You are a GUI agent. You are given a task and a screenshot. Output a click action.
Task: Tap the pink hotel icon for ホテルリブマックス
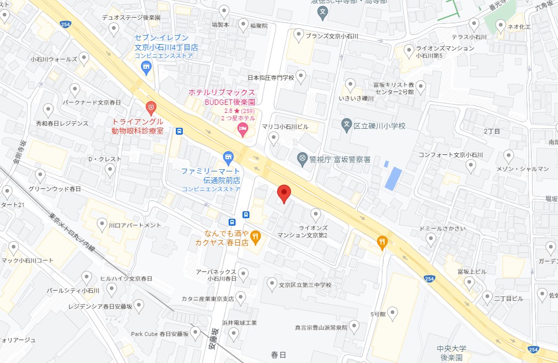click(x=242, y=128)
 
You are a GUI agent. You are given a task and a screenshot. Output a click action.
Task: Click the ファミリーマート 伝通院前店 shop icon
click(x=229, y=156)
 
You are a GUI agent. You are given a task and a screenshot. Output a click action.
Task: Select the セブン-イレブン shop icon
click(x=146, y=67)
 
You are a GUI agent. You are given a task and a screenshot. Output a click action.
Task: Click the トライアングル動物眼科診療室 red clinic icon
click(x=151, y=108)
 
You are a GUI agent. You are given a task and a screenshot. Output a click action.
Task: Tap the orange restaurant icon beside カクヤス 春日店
click(x=256, y=236)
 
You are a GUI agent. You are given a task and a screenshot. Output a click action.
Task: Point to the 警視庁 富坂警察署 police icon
click(x=303, y=158)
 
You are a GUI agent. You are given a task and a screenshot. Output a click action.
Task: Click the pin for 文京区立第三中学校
click(x=272, y=283)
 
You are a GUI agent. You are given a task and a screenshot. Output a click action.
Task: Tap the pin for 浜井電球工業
click(x=233, y=334)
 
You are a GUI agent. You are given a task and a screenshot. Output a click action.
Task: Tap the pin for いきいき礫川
click(x=350, y=84)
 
